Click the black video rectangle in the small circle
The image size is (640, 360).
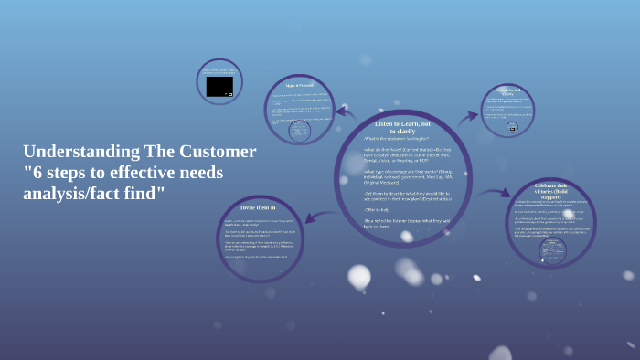click(219, 86)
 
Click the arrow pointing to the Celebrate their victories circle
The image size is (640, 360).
click(495, 193)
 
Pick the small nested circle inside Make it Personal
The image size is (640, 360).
click(299, 131)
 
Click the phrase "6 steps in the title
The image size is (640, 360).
click(50, 172)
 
